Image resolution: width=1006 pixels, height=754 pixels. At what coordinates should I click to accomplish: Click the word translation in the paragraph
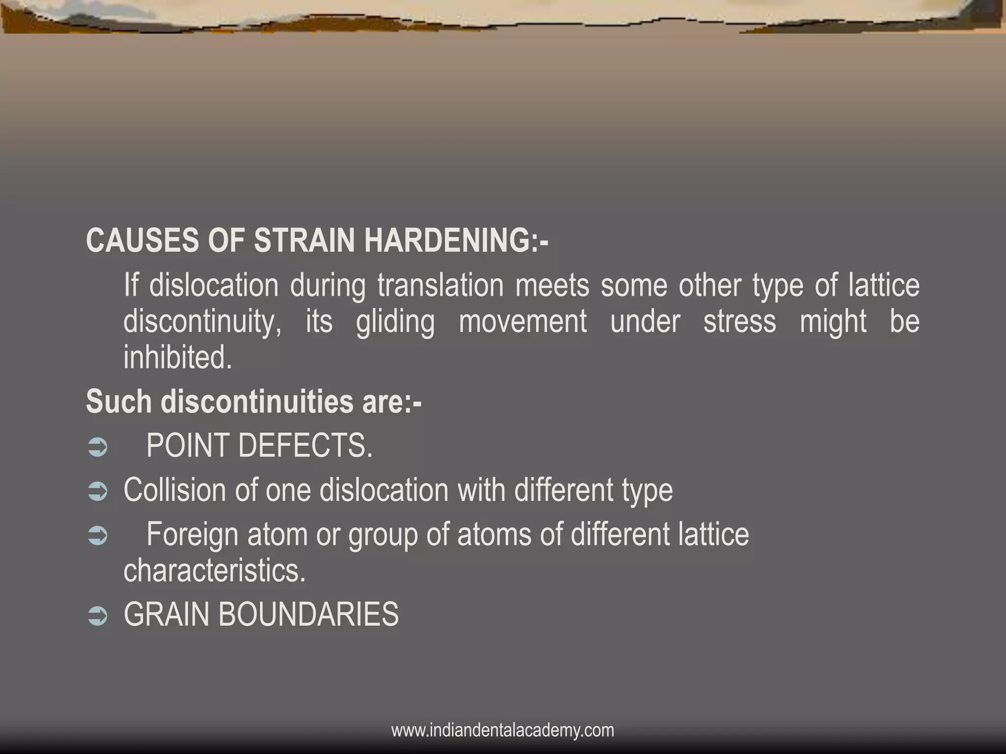coord(440,285)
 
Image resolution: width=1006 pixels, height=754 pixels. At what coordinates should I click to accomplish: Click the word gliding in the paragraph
coord(395,322)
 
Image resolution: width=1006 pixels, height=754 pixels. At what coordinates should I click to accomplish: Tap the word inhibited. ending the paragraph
coord(177,357)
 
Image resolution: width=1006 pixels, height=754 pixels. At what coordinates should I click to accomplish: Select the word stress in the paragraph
coord(739,322)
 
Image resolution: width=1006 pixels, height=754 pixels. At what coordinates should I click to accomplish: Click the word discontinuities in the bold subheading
coord(257,402)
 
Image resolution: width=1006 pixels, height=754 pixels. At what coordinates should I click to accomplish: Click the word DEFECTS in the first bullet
coord(305,446)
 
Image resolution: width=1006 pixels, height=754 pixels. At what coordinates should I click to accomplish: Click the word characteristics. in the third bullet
coord(215,570)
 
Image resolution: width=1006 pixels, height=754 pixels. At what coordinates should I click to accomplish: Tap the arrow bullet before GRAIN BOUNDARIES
coord(97,616)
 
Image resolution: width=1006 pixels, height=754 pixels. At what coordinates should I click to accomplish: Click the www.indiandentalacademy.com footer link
coord(503,730)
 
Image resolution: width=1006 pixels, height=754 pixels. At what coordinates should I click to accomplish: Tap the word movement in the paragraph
coord(523,322)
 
